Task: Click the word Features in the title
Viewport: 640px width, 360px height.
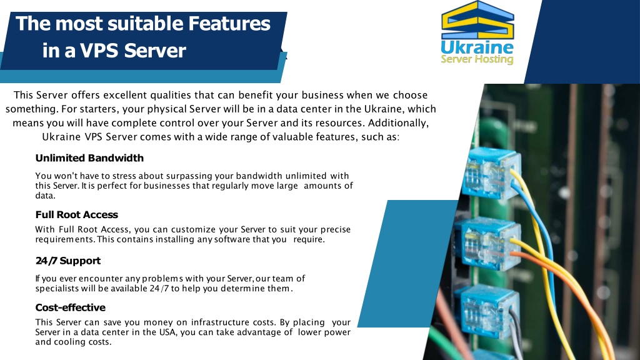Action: (x=229, y=24)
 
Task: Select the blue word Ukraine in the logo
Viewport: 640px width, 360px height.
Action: (x=477, y=47)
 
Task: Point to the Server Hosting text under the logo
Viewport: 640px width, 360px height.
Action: (x=477, y=59)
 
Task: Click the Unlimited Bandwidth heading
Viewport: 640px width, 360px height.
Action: (x=89, y=158)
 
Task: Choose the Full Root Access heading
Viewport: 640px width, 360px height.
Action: (x=77, y=215)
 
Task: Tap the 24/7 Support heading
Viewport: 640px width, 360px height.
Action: (x=67, y=261)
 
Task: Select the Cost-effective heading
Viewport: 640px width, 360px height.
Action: (x=70, y=307)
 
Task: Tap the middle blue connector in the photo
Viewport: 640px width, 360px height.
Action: (x=487, y=244)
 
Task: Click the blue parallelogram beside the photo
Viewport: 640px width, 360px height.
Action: (x=408, y=264)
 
